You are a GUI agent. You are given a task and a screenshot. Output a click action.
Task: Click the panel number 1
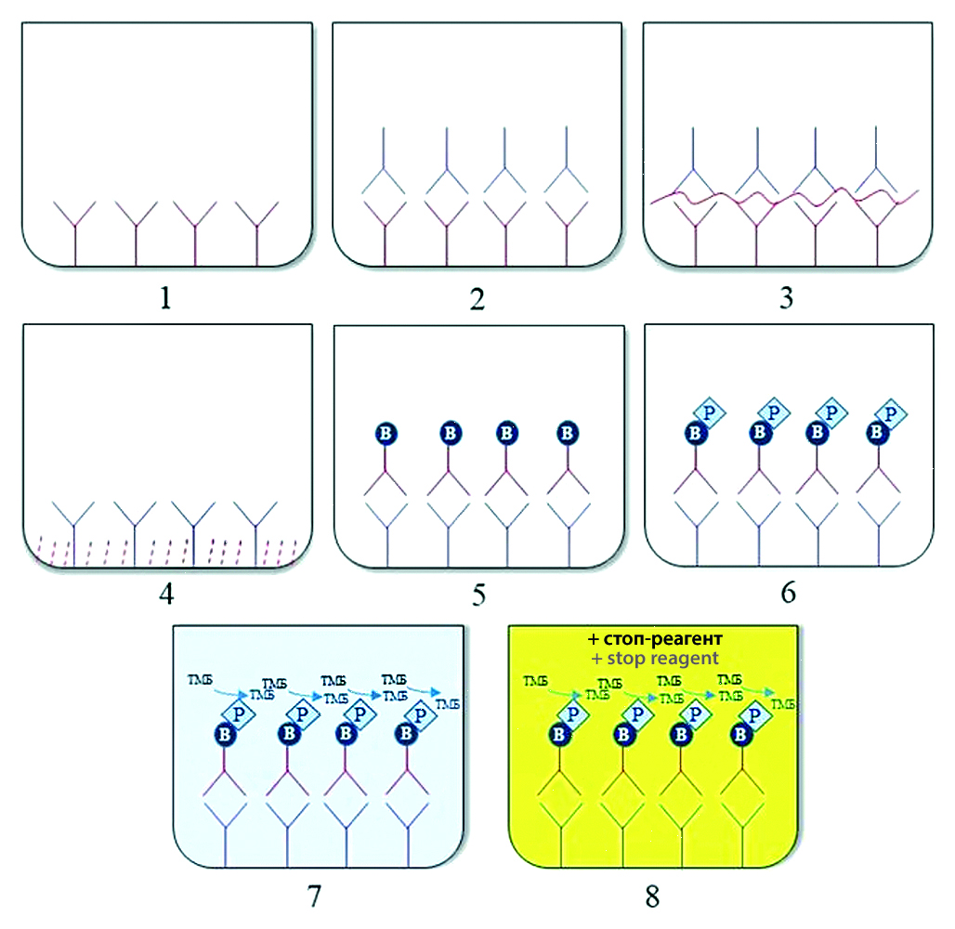165,298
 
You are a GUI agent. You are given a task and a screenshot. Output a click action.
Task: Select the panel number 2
477,298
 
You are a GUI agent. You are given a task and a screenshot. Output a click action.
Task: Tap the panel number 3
788,298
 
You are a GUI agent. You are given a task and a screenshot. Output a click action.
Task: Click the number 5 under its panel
477,593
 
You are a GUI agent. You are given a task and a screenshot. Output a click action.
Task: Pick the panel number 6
788,593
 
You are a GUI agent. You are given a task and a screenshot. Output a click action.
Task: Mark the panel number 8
652,896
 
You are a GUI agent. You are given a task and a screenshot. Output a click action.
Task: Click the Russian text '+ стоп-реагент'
653,640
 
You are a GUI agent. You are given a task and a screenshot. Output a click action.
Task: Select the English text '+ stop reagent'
653,659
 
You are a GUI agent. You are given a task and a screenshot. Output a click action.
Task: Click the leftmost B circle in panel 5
386,433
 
